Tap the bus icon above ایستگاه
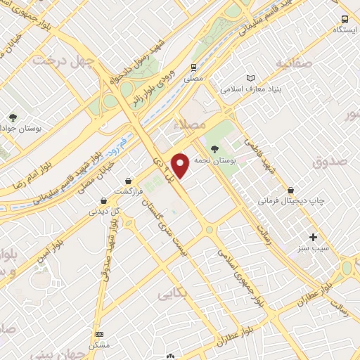tap(345, 19)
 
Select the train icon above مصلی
tap(193, 68)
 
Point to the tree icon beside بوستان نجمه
tap(214, 148)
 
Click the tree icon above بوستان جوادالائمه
tap(12, 117)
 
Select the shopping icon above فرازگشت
tap(128, 180)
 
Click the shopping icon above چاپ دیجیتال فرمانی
tap(290, 190)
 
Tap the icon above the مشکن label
tap(100, 334)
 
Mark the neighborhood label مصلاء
tap(194, 123)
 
